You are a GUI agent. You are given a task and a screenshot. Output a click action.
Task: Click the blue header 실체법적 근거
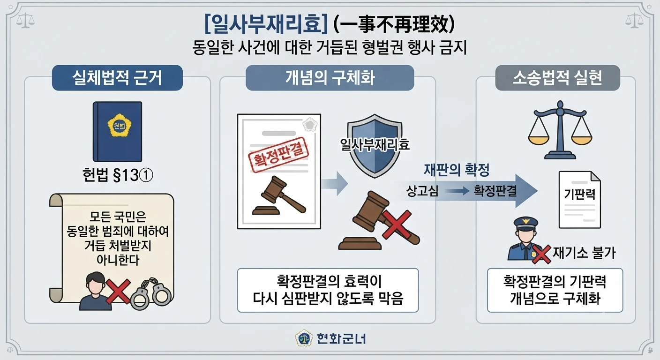point(117,78)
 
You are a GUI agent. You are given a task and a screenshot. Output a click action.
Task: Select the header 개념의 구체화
point(330,78)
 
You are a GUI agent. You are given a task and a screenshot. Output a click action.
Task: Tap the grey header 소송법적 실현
point(557,78)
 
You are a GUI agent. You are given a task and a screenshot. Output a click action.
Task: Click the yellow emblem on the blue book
point(119,125)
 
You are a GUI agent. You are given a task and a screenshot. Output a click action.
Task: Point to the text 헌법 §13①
point(118,175)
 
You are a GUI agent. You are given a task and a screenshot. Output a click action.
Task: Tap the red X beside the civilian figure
point(118,292)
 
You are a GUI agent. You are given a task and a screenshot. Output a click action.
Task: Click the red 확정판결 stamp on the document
point(278,155)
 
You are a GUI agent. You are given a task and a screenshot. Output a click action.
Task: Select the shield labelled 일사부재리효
point(375,146)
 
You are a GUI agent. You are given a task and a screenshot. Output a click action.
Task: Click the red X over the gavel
point(397,225)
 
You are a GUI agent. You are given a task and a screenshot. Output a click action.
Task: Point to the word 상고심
point(422,191)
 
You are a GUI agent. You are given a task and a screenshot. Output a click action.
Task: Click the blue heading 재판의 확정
point(457,170)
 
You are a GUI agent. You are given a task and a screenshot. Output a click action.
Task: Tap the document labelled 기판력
point(579,199)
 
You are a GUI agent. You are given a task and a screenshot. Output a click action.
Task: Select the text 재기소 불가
point(584,253)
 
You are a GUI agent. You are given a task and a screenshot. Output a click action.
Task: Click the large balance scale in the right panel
point(560,130)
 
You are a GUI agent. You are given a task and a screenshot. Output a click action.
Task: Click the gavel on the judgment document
point(279,195)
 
